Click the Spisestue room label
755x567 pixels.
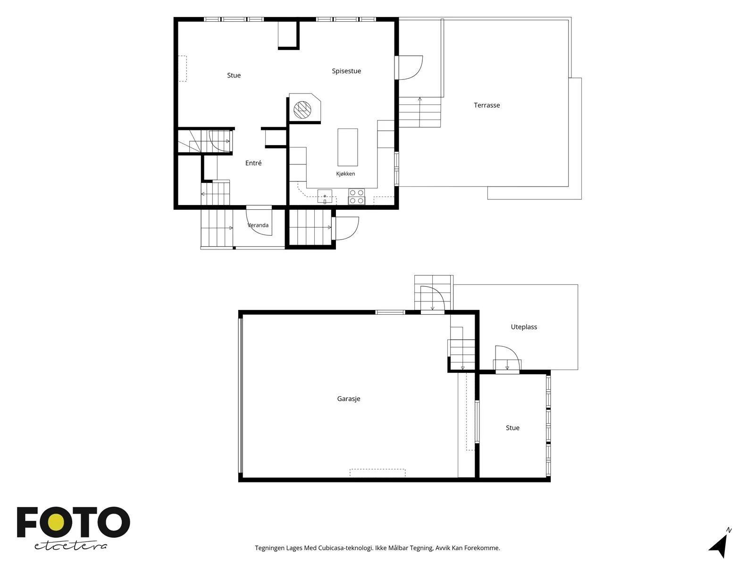(x=346, y=71)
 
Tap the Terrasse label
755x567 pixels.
(x=487, y=105)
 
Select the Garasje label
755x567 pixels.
(x=348, y=399)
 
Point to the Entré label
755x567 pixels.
(x=253, y=163)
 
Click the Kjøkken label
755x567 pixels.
(x=345, y=173)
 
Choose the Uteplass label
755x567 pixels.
(x=523, y=326)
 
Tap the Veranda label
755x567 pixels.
(x=258, y=225)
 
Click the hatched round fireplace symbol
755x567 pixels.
(x=302, y=110)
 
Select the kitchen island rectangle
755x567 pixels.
(x=347, y=147)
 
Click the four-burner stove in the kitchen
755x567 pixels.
(x=356, y=197)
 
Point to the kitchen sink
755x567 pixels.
(x=325, y=197)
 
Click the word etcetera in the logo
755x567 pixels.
(x=70, y=546)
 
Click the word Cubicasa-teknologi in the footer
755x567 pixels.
(x=346, y=548)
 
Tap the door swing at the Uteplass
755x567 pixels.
(x=507, y=358)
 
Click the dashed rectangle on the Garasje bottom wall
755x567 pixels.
(x=377, y=473)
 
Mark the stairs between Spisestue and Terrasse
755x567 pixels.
(x=419, y=112)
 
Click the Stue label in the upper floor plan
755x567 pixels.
(x=234, y=76)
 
